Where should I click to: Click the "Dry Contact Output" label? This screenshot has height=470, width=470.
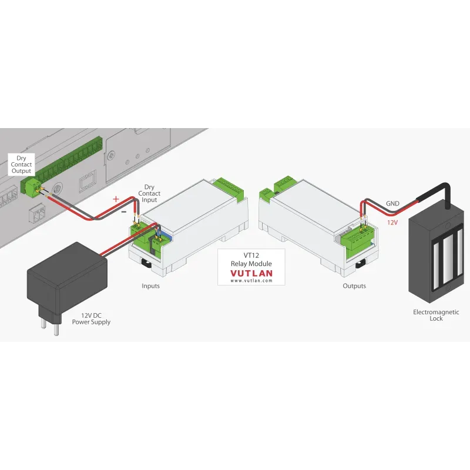[x=21, y=164]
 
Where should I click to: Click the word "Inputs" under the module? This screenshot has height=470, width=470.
[x=150, y=286]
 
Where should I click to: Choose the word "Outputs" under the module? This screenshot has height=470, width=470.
[x=354, y=286]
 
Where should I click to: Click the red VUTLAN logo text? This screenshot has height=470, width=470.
[x=251, y=273]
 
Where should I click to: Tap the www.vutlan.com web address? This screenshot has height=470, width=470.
[x=251, y=281]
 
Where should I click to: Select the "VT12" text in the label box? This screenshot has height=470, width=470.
[x=251, y=256]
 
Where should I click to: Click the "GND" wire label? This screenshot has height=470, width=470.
[x=392, y=204]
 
